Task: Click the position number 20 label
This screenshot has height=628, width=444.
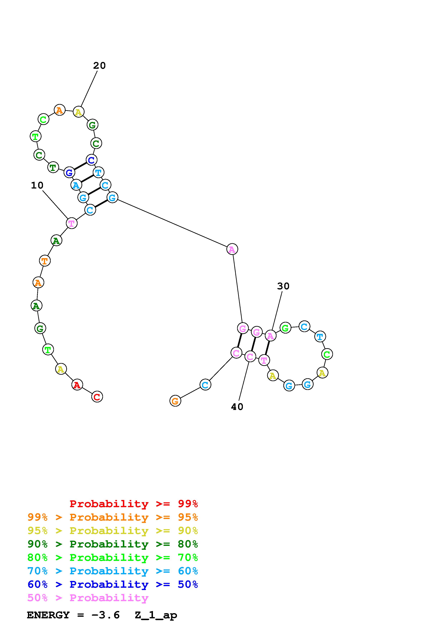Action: click(x=99, y=66)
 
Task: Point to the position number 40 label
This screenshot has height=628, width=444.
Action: click(x=237, y=407)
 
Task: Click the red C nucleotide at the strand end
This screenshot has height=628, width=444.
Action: click(x=97, y=397)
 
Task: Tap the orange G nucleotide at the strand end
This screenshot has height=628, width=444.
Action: click(x=175, y=401)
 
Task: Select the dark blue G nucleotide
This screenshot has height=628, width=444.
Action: click(x=69, y=173)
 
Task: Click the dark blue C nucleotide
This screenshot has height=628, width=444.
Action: click(x=91, y=160)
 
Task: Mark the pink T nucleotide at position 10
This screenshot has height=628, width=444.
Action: click(x=72, y=223)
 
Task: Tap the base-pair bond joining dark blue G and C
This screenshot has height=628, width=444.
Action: click(x=80, y=166)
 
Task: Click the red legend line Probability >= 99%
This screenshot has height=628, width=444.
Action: click(x=133, y=504)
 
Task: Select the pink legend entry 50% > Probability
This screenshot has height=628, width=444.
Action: click(x=88, y=598)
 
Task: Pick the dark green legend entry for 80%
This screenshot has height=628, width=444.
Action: click(x=112, y=544)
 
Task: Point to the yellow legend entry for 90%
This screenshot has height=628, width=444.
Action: click(x=112, y=531)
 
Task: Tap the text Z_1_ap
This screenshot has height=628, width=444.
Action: click(x=156, y=615)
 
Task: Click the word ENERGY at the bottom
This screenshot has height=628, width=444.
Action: click(x=48, y=615)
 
